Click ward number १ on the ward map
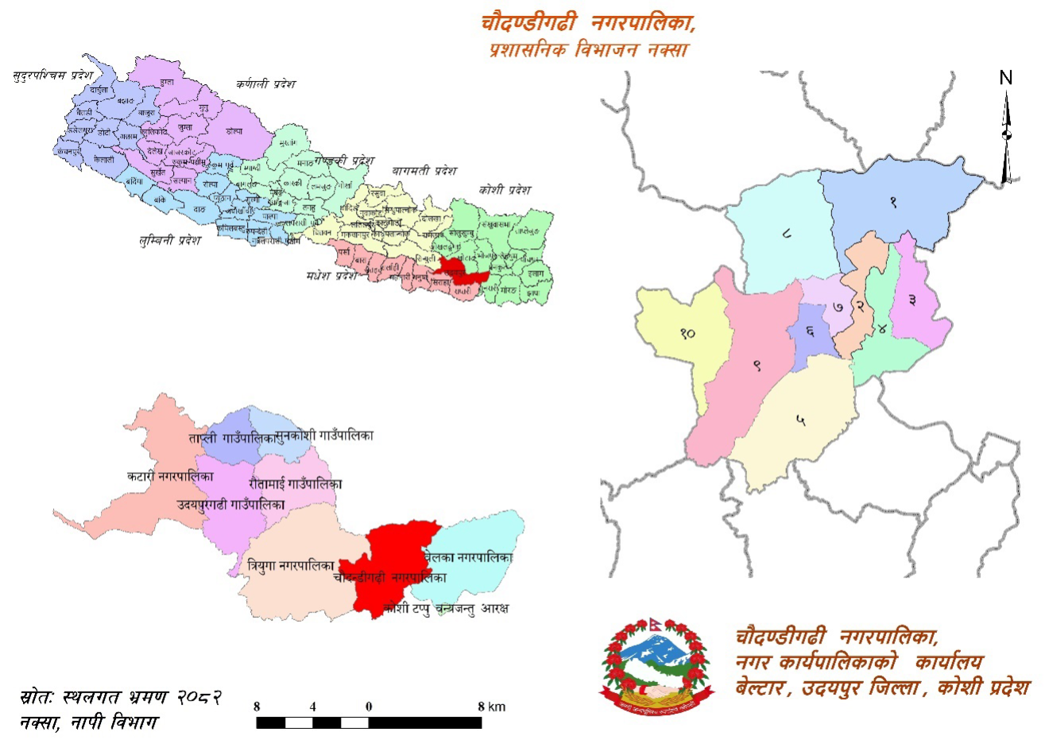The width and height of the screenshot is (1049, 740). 893,202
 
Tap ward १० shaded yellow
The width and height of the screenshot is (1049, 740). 687,333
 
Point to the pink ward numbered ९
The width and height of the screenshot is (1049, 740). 757,366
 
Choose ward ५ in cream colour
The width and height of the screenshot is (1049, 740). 800,420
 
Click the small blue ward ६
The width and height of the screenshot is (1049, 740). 809,331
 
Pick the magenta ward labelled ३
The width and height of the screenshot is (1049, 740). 912,300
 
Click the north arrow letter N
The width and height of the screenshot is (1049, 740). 1006,78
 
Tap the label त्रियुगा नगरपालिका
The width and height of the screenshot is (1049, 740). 290,566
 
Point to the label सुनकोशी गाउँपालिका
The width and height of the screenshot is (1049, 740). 323,436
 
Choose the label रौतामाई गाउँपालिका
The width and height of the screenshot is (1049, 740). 295,483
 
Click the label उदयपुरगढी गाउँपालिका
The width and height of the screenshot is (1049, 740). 230,505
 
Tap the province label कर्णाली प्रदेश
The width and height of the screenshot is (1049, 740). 265,83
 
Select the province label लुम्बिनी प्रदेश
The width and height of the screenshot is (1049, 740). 169,239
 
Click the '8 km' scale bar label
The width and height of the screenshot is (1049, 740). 492,707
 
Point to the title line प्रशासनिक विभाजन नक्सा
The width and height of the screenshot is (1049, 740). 589,49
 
